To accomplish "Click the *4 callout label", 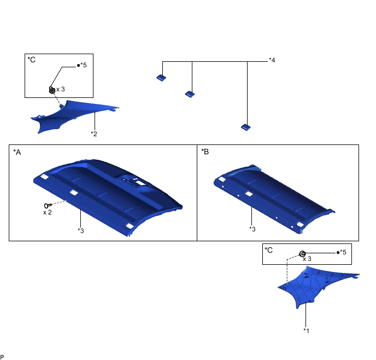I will (x=272, y=60).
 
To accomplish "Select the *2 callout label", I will (x=94, y=133).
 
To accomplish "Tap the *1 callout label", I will (x=307, y=330).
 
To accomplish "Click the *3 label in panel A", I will (x=81, y=230).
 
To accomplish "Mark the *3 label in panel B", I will (x=252, y=228).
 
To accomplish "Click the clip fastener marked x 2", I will (x=47, y=205).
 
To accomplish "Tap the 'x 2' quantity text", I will (x=48, y=212).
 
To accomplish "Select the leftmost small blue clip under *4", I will (x=161, y=78).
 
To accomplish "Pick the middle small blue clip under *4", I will (x=190, y=94).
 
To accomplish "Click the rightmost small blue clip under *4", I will (x=246, y=127).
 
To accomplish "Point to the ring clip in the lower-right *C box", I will (x=302, y=253).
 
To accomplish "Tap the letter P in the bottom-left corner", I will (x=2, y=356).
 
